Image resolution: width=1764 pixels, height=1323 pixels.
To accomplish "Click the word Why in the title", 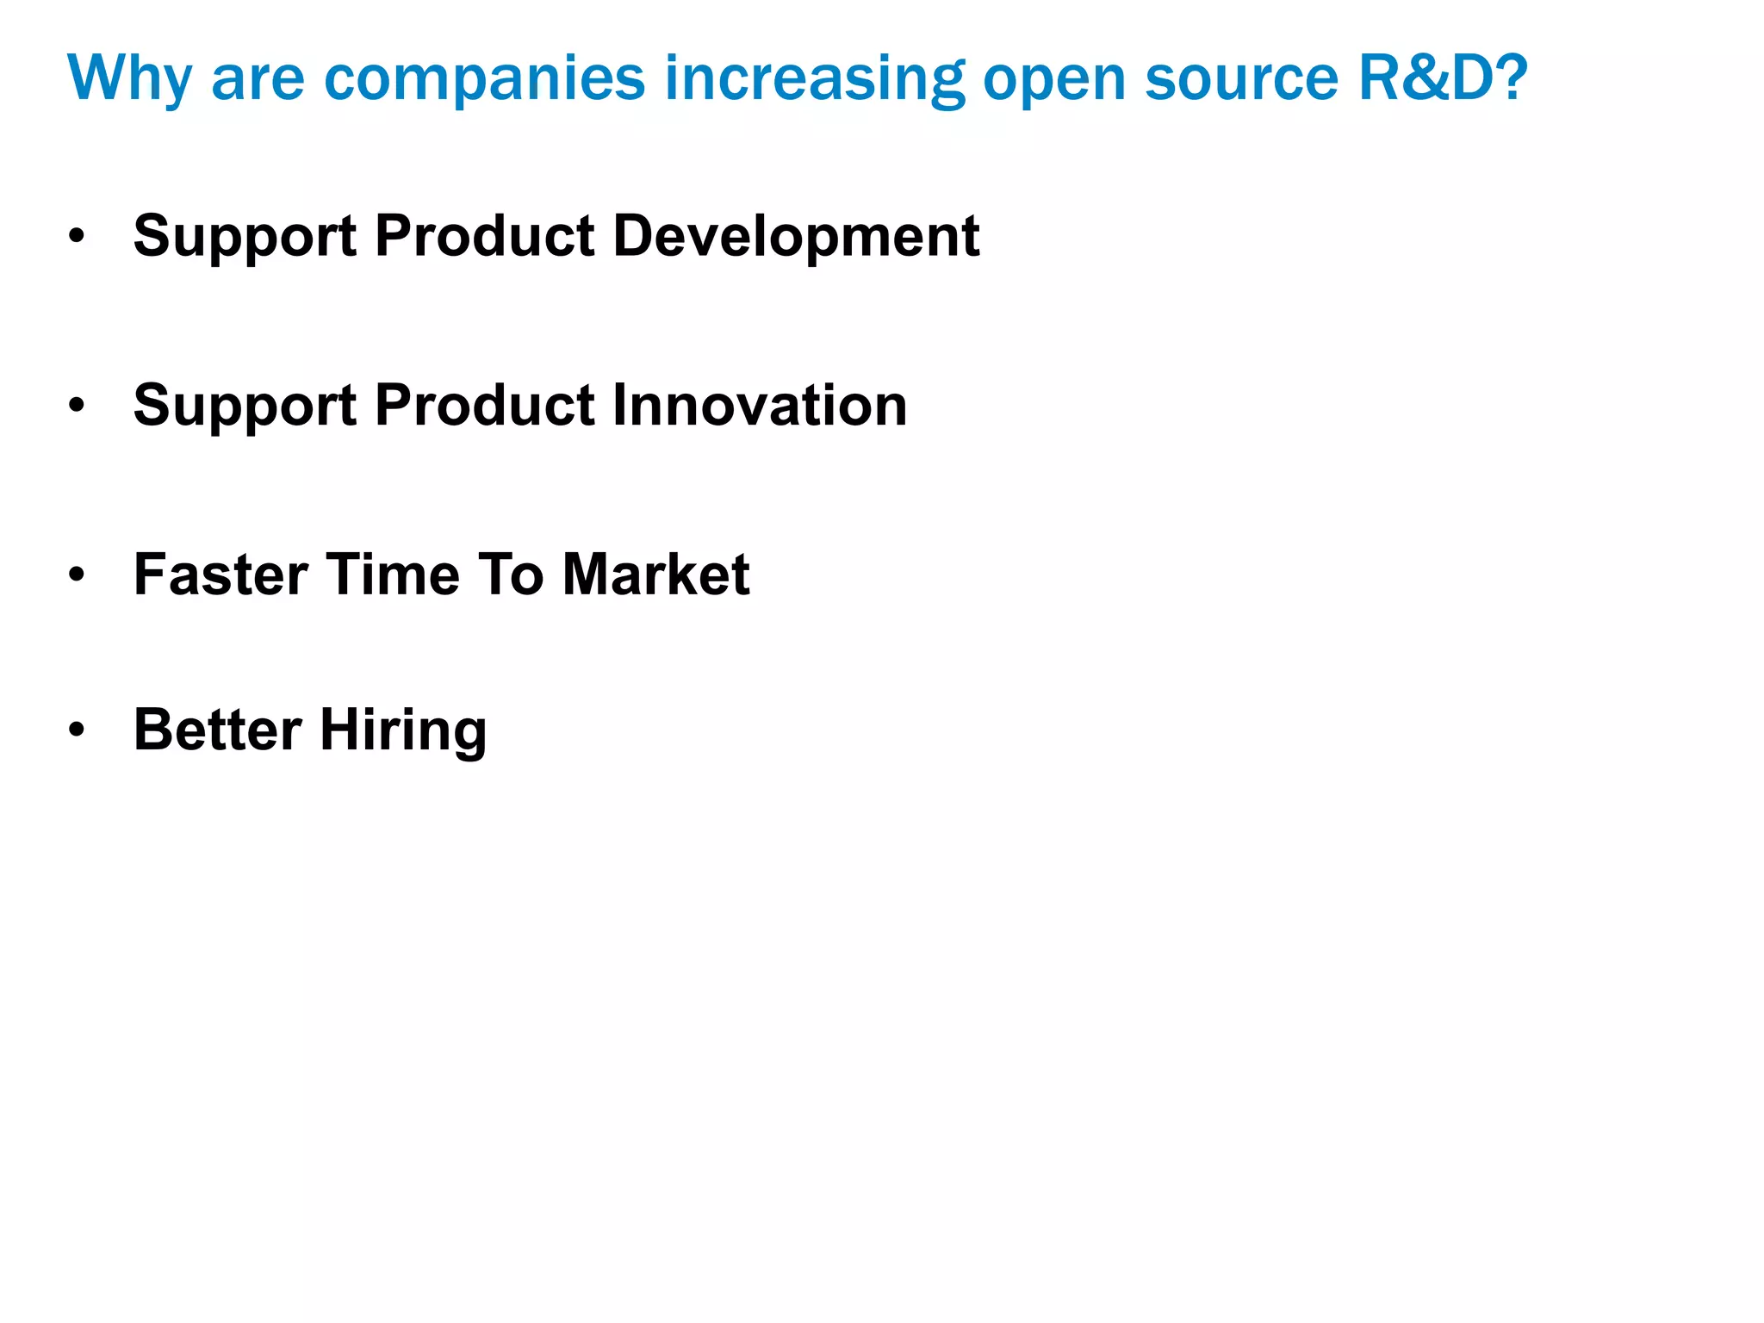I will click(129, 79).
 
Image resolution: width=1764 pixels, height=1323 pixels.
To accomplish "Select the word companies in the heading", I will click(484, 79).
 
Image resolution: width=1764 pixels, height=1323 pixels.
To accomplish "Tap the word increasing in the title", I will click(814, 79).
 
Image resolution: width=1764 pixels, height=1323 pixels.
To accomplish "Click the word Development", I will click(796, 235).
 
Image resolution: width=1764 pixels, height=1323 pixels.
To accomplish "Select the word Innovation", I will click(759, 405).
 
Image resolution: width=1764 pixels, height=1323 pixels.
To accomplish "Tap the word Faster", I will click(220, 575).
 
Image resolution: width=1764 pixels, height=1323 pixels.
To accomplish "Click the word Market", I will click(655, 575).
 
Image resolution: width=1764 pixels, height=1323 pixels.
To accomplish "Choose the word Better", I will click(217, 730).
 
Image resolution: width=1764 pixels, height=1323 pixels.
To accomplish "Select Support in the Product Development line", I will click(245, 237).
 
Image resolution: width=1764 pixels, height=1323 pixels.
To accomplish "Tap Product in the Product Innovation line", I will click(485, 405).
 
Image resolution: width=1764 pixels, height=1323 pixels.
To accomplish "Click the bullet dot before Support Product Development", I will click(78, 236).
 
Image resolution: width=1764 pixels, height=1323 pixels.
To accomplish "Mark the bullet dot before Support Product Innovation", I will click(78, 406).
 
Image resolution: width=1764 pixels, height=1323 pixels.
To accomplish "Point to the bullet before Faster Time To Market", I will click(78, 575).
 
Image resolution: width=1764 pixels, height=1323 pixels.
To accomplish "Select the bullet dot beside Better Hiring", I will click(78, 730).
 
